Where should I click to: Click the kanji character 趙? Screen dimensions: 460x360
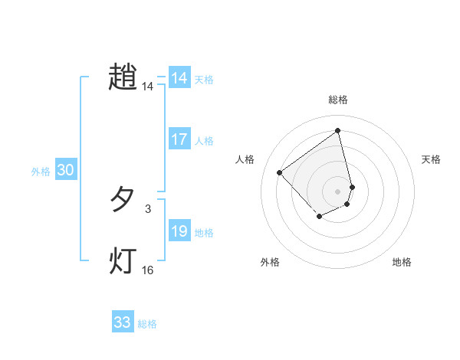click(123, 77)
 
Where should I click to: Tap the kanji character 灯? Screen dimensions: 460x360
click(123, 260)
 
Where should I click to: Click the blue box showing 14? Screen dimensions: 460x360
click(179, 78)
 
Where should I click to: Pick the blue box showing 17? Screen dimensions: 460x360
click(179, 140)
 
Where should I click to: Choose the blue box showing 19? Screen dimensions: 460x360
click(179, 232)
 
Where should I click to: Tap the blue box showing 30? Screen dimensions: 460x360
click(65, 171)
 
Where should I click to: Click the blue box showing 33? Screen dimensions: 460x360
click(123, 322)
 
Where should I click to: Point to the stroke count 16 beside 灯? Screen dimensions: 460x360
click(147, 270)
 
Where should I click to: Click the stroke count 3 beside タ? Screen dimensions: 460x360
click(147, 208)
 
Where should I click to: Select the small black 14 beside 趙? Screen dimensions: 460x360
click(147, 87)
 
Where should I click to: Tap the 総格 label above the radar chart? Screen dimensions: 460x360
click(338, 100)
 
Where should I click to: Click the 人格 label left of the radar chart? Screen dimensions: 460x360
click(245, 159)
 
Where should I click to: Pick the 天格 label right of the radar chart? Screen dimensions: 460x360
click(431, 159)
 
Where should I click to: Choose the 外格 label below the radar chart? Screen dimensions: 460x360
click(270, 262)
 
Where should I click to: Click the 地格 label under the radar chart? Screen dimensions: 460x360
click(402, 262)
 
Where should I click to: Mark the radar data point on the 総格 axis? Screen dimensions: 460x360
click(338, 130)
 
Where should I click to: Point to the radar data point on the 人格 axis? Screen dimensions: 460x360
click(280, 172)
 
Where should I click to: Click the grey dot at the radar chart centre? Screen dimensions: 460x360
click(338, 191)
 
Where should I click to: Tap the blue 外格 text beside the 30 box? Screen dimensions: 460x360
click(41, 172)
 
